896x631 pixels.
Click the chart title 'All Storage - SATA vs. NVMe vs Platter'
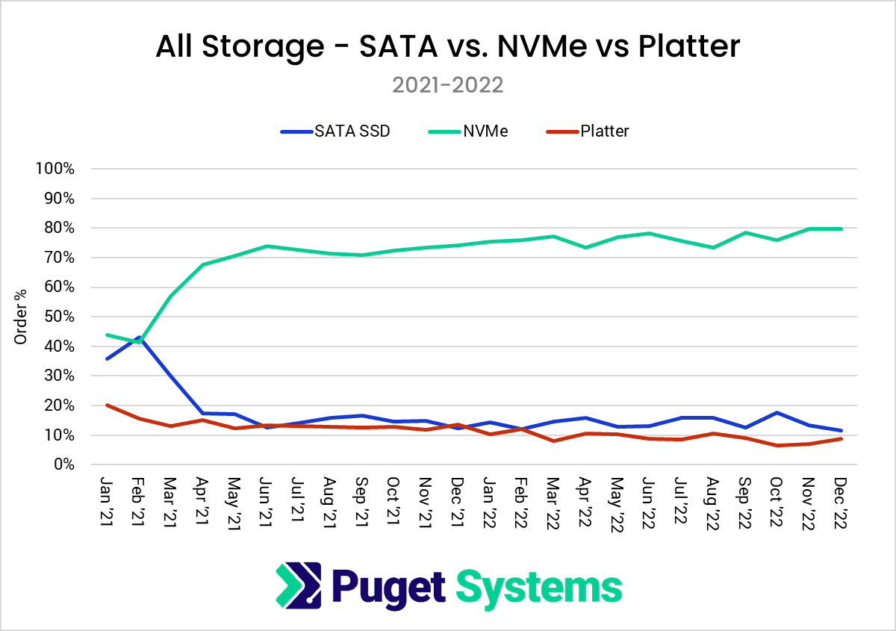click(x=448, y=46)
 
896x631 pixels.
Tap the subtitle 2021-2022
click(x=448, y=84)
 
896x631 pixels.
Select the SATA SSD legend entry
click(x=335, y=131)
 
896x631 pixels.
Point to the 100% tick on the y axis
click(x=55, y=169)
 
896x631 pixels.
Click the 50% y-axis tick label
click(x=58, y=317)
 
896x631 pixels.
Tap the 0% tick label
click(x=63, y=464)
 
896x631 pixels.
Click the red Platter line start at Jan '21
click(x=108, y=405)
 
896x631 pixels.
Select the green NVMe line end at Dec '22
click(x=841, y=229)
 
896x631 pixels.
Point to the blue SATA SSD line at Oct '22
click(x=778, y=412)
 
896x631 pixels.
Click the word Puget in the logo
click(x=386, y=587)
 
